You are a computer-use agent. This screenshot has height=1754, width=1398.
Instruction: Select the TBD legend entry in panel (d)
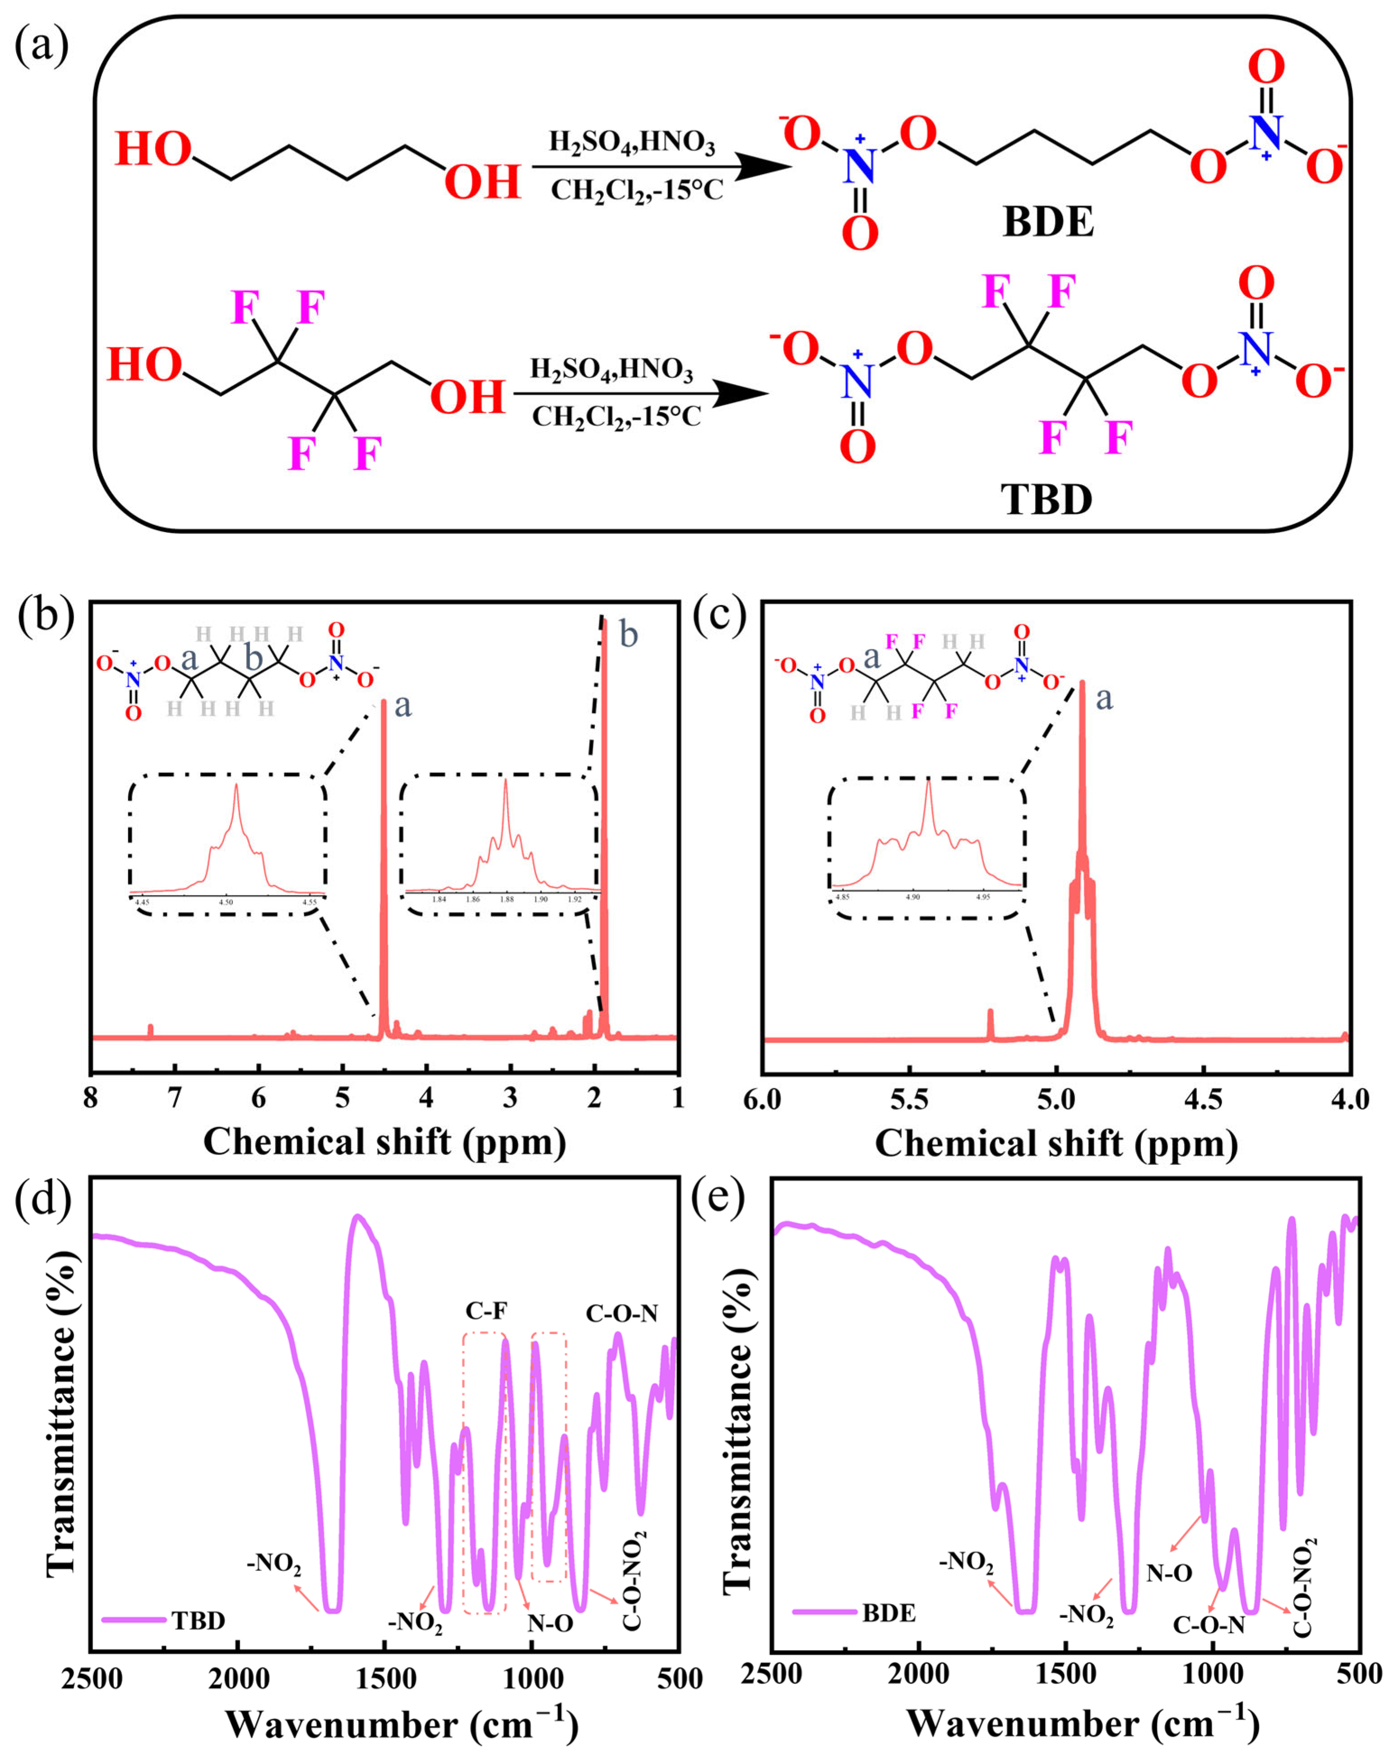pos(198,1621)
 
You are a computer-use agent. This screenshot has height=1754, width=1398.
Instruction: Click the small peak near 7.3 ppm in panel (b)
pos(151,1030)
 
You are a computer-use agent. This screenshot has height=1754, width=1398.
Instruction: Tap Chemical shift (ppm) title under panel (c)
pos(1056,1143)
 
